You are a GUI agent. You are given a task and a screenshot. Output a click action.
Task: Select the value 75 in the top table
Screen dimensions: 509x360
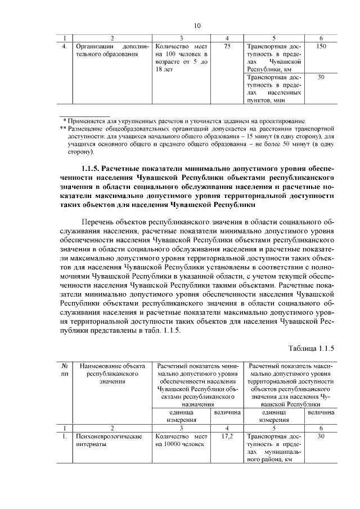point(226,46)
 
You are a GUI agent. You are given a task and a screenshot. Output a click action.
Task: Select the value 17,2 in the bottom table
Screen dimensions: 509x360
point(227,436)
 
